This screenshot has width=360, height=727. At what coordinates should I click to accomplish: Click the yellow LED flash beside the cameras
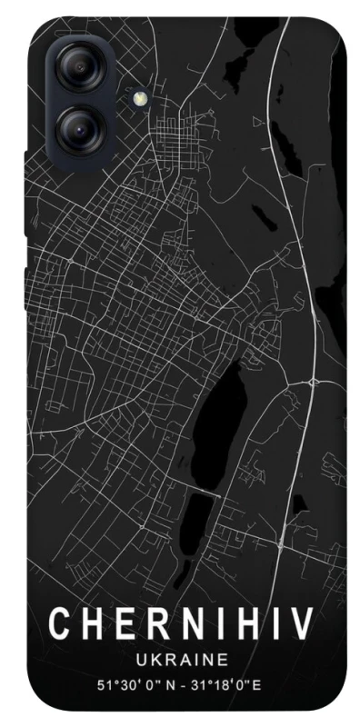139,98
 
